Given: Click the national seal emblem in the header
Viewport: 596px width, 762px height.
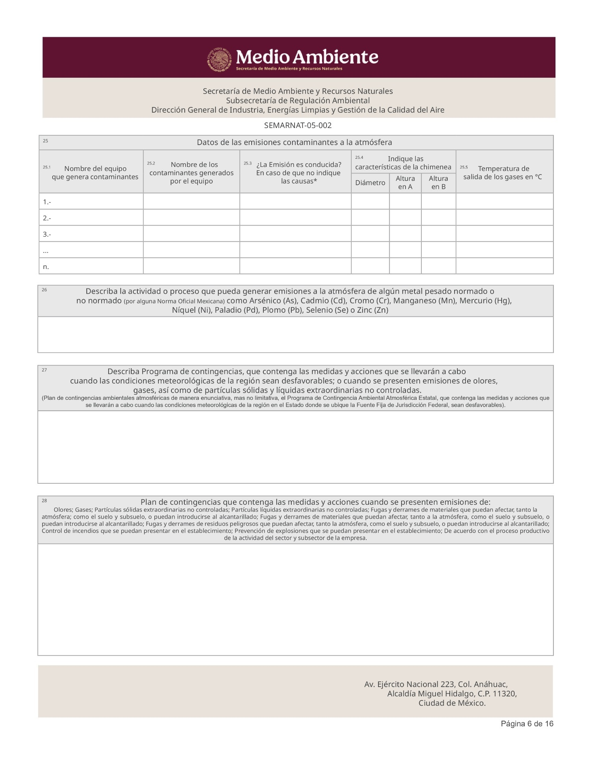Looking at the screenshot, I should [x=219, y=60].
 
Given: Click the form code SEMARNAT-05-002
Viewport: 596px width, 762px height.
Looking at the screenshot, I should [x=298, y=126].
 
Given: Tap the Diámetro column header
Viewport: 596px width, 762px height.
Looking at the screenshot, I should [x=370, y=183].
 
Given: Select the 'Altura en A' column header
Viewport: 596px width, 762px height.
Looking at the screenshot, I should [x=405, y=183].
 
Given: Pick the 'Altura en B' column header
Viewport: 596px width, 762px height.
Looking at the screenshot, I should [x=438, y=183].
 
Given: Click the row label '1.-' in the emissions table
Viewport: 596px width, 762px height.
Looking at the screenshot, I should [x=47, y=202].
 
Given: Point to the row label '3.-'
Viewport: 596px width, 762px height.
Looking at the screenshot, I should [x=47, y=235].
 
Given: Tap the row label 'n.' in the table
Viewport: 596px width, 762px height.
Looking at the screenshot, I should [x=46, y=267].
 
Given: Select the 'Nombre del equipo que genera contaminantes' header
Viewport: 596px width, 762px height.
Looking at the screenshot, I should [x=95, y=173].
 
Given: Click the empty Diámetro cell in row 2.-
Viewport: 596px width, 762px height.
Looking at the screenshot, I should [x=370, y=218].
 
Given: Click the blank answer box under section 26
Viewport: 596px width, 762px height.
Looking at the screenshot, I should [x=295, y=335].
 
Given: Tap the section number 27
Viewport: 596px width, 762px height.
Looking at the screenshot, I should [x=45, y=370].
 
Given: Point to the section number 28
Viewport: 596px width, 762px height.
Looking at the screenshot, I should [x=45, y=501].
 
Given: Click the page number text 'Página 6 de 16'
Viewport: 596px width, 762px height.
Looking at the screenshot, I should [x=527, y=724].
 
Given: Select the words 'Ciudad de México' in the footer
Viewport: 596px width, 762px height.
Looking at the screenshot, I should [x=452, y=703].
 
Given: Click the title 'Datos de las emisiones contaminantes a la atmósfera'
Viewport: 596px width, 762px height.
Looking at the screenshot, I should [x=294, y=143].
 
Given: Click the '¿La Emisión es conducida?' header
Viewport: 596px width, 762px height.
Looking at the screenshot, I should [x=299, y=165].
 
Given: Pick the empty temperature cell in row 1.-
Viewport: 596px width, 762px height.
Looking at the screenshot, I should [x=504, y=201].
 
